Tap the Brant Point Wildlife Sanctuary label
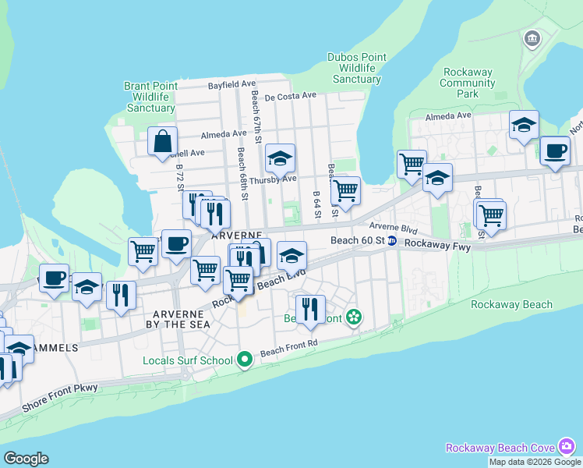(x=150, y=97)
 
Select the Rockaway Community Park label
(x=467, y=83)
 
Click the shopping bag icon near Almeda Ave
(x=163, y=143)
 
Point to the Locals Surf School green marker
(x=245, y=360)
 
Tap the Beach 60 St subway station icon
(x=394, y=241)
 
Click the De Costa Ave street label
(x=290, y=97)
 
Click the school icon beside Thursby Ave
(x=280, y=159)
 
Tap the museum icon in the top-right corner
(x=532, y=38)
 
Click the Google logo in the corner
(x=26, y=458)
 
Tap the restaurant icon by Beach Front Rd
(x=309, y=310)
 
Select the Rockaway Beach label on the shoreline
(x=511, y=305)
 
